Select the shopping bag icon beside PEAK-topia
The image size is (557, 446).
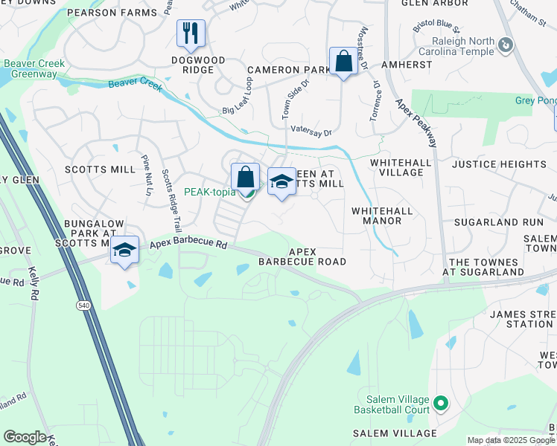pyautogui.click(x=245, y=178)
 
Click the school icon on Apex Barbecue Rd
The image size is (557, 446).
pyautogui.click(x=125, y=251)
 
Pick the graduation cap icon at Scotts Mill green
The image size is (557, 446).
pyautogui.click(x=281, y=182)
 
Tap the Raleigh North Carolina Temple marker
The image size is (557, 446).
pyautogui.click(x=506, y=46)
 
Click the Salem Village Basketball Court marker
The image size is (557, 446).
pyautogui.click(x=441, y=404)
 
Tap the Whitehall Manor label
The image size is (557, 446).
pyautogui.click(x=381, y=216)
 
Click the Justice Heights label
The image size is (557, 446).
pyautogui.click(x=509, y=164)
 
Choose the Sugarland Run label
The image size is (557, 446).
pyautogui.click(x=502, y=222)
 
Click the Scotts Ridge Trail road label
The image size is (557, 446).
pyautogui.click(x=171, y=200)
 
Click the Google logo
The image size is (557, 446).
pyautogui.click(x=25, y=437)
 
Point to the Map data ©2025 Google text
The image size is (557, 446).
pyautogui.click(x=511, y=440)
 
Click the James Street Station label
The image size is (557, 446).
pyautogui.click(x=521, y=319)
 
